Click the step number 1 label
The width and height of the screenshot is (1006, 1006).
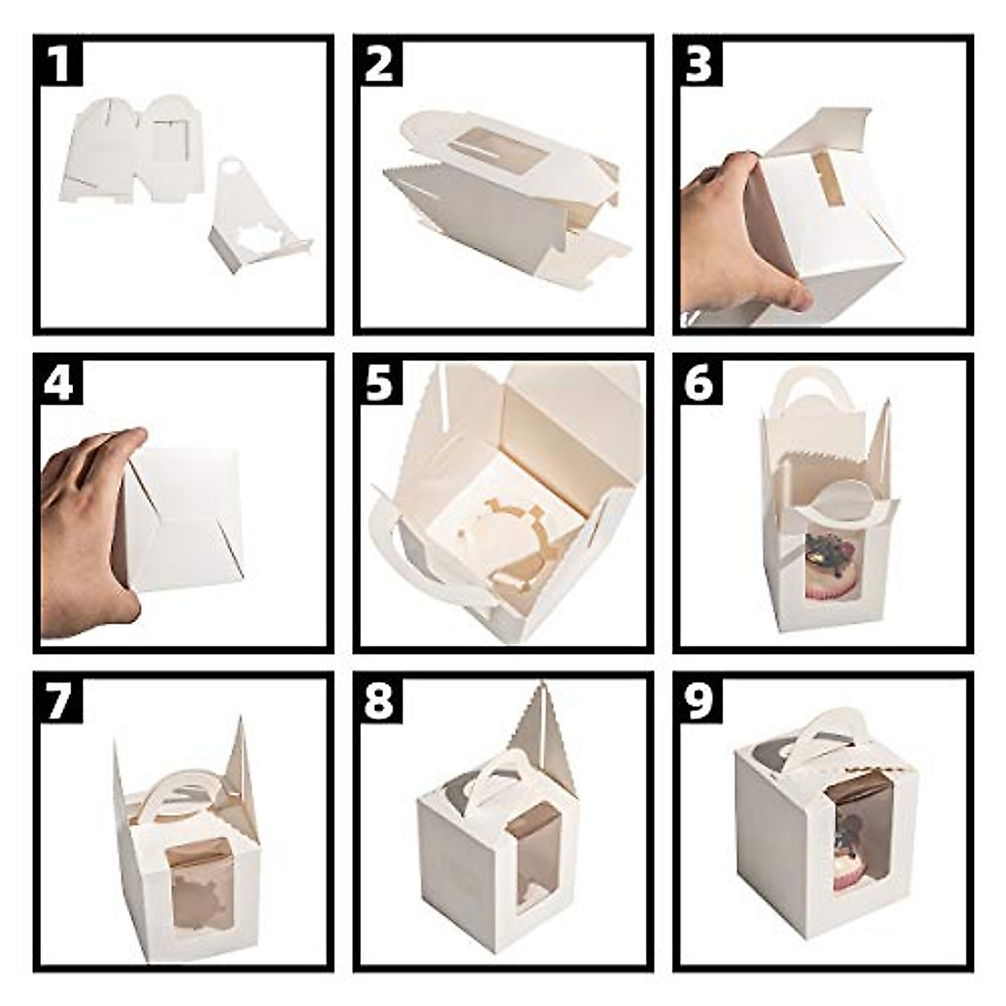(61, 64)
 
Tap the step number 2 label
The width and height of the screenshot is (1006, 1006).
(380, 64)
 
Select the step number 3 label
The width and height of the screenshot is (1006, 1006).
(699, 64)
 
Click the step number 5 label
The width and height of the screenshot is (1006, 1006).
(380, 382)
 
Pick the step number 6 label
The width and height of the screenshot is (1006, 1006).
(699, 382)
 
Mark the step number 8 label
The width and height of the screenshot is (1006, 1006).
(380, 701)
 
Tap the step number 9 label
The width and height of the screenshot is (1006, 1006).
(699, 701)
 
